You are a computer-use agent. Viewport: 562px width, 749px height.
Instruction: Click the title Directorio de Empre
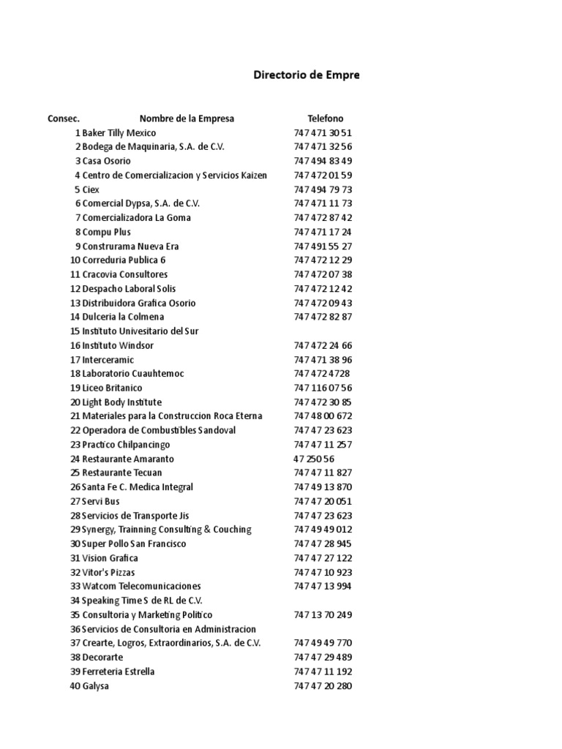coord(306,75)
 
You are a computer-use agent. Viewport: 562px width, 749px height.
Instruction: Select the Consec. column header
coord(64,118)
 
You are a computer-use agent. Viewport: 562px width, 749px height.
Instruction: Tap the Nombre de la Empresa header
coord(187,118)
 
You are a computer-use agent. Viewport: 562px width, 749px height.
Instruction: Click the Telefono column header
coord(325,118)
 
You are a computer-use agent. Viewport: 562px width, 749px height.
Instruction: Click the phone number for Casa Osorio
coord(323,161)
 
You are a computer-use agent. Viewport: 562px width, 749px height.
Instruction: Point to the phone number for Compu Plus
coord(323,232)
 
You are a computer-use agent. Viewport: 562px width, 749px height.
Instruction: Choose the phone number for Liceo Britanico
coord(323,388)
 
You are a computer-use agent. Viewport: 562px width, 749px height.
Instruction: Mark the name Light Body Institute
coord(121,402)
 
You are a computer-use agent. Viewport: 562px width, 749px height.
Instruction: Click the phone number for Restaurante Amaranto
coord(314,459)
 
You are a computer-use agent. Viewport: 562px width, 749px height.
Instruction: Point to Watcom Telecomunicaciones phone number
coord(323,586)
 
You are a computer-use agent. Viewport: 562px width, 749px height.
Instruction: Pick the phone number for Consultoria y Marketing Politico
coord(323,614)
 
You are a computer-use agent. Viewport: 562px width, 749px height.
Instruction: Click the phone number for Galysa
coord(323,685)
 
